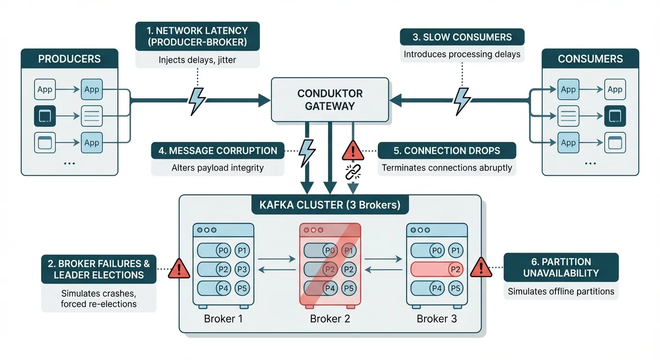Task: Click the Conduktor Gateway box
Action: [330, 100]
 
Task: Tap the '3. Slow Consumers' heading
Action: [462, 37]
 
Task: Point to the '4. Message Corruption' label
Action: [217, 151]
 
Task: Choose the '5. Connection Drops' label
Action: [447, 151]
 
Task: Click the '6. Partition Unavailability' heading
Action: [561, 267]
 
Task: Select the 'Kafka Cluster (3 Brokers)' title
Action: [330, 205]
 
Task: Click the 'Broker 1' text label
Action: [223, 319]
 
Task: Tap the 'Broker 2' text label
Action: [330, 319]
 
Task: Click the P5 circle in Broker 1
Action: [242, 288]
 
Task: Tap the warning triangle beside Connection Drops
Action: [352, 151]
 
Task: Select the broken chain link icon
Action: [352, 172]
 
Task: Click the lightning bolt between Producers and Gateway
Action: [197, 100]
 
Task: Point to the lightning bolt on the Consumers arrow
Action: [462, 100]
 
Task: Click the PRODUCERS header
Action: [69, 59]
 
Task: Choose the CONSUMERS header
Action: [590, 59]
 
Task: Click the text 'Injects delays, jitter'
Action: [197, 60]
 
